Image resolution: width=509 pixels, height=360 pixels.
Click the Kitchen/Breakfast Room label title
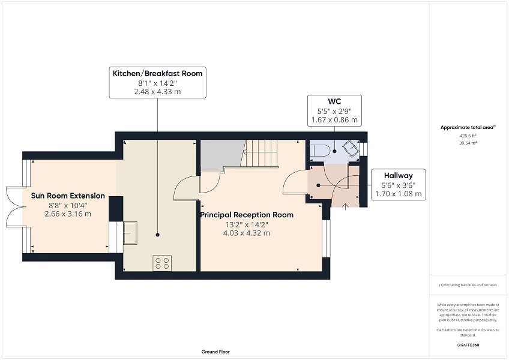(157, 74)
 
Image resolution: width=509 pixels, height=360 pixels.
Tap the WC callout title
(334, 101)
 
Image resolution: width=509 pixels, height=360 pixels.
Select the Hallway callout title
(399, 176)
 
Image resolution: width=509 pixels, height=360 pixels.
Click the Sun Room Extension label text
(68, 196)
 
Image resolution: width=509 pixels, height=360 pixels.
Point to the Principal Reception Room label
(247, 215)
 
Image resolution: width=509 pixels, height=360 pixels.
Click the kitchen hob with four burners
(162, 263)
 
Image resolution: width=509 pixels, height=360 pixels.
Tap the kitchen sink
(130, 233)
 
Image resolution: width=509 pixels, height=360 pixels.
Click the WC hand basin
(351, 149)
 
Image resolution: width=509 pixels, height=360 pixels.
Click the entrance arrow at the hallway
(345, 206)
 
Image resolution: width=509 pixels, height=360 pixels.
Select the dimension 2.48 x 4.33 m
(157, 92)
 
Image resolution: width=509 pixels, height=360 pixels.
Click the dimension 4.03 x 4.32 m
(247, 233)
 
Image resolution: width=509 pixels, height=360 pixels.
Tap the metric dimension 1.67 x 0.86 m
(334, 120)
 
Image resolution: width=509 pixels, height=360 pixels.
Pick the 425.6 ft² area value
(468, 136)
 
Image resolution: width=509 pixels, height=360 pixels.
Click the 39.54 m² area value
(468, 143)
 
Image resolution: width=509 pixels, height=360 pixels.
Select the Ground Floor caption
(215, 352)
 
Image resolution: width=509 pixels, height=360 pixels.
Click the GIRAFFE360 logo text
(468, 345)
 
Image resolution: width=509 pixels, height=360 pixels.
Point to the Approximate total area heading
(468, 128)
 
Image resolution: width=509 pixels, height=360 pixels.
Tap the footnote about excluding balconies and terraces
(468, 285)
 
